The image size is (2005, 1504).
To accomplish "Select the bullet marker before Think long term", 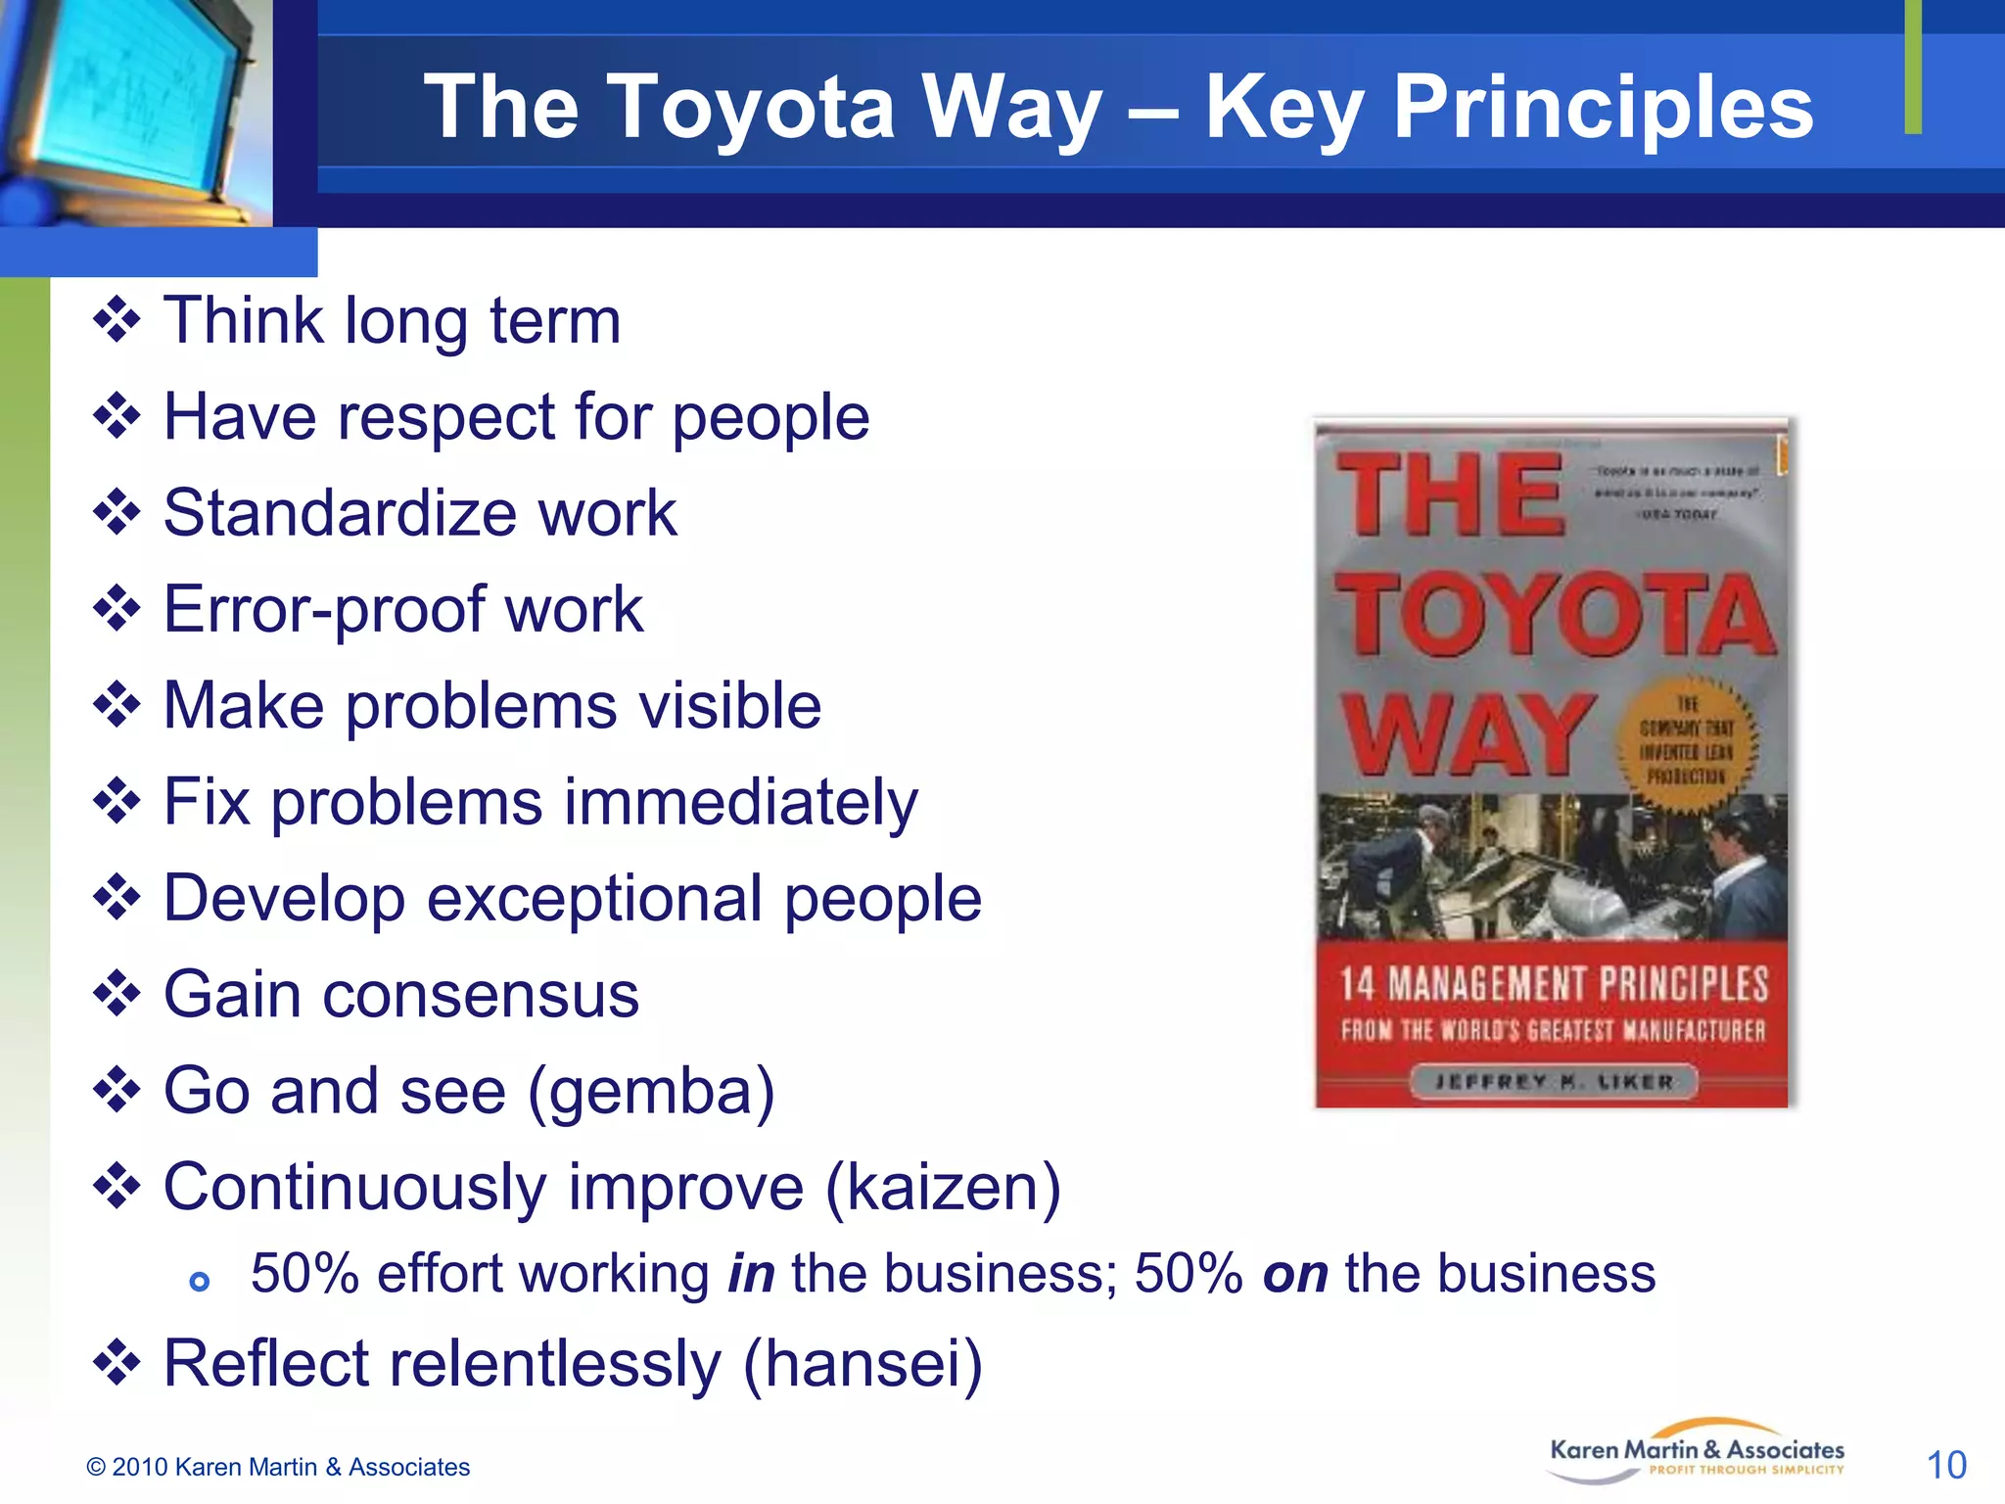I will click(x=117, y=321).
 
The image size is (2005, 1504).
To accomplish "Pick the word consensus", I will click(x=481, y=995).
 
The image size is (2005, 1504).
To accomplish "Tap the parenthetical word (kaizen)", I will click(x=944, y=1187).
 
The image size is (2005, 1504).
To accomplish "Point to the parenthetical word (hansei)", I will click(x=863, y=1363).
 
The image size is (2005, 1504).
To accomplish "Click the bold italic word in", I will click(x=751, y=1274).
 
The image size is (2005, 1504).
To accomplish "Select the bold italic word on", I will click(x=1295, y=1274).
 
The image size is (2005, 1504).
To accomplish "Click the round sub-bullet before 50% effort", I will click(x=200, y=1281).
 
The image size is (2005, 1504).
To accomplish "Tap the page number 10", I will click(x=1946, y=1465).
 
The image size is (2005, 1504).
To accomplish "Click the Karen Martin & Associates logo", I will click(x=1697, y=1452).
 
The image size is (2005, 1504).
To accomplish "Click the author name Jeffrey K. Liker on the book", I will click(x=1554, y=1082).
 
